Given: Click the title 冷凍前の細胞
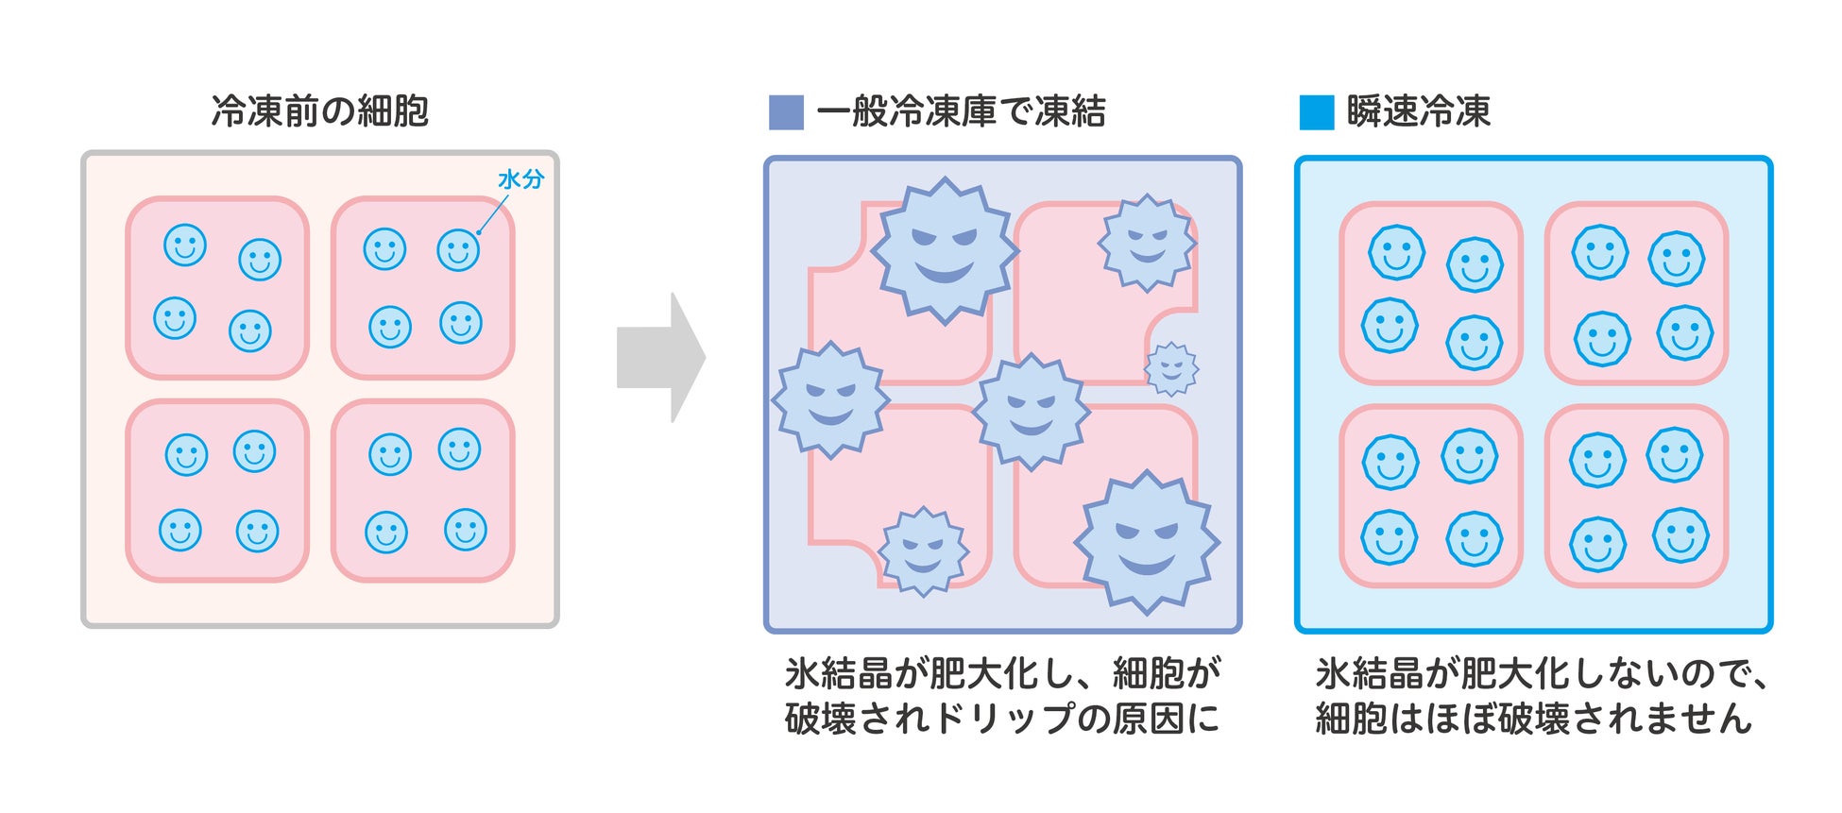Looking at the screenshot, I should [x=319, y=111].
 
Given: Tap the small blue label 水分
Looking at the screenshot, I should [x=520, y=179].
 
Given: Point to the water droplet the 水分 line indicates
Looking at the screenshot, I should [x=458, y=250].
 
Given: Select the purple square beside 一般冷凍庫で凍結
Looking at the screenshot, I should [x=786, y=112].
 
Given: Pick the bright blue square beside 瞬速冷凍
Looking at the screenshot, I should [x=1316, y=112].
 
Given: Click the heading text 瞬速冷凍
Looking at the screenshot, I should [x=1418, y=111].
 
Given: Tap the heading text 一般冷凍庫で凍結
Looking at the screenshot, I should [x=961, y=111].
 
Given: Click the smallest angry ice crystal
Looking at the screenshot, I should [x=1171, y=367].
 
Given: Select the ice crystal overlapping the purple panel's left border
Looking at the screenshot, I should [x=830, y=399].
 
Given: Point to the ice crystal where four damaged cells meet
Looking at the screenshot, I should [x=1031, y=411].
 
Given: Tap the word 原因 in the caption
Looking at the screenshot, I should [x=1146, y=719].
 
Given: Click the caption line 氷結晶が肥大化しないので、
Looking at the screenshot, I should [x=1541, y=673].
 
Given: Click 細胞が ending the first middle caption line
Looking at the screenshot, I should [x=1168, y=673].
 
